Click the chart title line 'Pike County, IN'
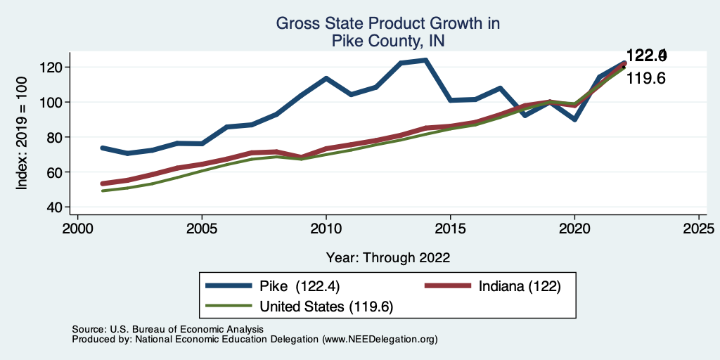[387, 41]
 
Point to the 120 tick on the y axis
[56, 67]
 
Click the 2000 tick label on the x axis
[77, 229]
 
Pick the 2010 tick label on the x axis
[326, 229]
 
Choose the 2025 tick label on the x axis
[699, 229]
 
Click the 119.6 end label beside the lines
[645, 79]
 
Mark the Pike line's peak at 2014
[425, 60]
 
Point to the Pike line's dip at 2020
[574, 120]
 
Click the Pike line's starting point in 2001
[103, 148]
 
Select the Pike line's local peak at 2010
[326, 78]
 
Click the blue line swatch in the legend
[229, 286]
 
